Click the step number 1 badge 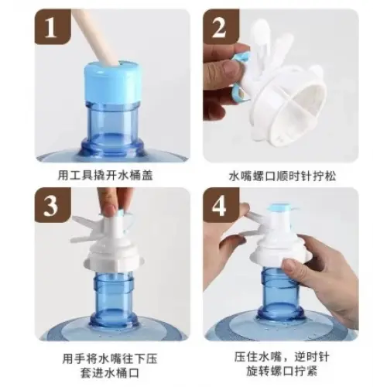coord(53,27)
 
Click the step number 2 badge coord(221,27)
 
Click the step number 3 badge coord(53,205)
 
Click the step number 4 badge coord(221,205)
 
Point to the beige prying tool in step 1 coord(94,36)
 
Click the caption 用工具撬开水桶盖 coord(105,176)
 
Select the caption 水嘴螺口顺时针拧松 coord(283,176)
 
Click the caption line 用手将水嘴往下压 coord(110,358)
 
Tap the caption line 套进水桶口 coord(110,372)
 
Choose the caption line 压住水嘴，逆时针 coord(282,357)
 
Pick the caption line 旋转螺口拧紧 coord(282,372)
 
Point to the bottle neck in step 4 coord(281,292)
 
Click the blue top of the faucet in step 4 coord(279,207)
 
